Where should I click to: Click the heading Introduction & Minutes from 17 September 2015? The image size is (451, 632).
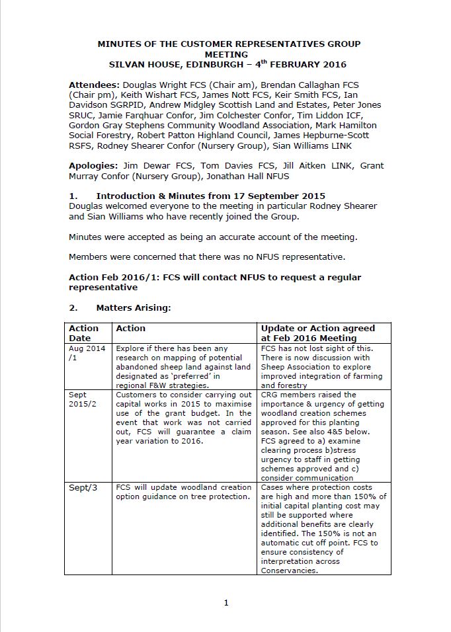click(210, 196)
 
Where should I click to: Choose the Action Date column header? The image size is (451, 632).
click(84, 333)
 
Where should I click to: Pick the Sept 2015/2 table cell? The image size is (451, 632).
click(85, 400)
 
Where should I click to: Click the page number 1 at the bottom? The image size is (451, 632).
click(226, 602)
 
